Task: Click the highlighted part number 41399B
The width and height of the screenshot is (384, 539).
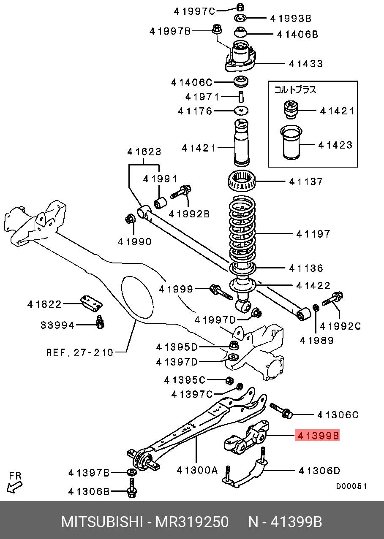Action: click(318, 436)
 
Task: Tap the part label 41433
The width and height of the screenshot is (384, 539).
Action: click(306, 64)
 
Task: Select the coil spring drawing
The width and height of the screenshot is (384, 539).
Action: click(242, 230)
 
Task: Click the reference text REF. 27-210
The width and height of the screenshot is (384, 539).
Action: click(80, 352)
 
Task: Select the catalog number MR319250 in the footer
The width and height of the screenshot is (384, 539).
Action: click(192, 522)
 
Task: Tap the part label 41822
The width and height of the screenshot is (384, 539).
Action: click(45, 304)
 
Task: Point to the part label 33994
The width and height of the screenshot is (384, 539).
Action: click(57, 325)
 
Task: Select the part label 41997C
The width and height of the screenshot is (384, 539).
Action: click(195, 11)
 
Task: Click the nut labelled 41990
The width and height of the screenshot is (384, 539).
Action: click(130, 219)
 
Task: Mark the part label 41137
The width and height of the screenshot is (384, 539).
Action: click(306, 181)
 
